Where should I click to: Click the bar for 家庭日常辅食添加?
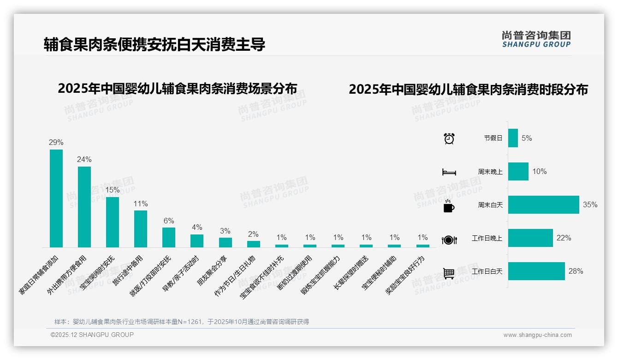[56, 198]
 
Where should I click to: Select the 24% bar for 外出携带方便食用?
[84, 207]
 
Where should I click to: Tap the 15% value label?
[113, 190]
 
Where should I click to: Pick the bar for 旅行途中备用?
[141, 229]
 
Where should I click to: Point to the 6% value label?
[169, 221]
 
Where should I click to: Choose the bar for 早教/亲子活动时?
[197, 241]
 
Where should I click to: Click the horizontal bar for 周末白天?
[543, 205]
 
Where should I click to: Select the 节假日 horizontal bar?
[513, 138]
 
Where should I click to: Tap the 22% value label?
[564, 238]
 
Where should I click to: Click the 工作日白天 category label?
[487, 271]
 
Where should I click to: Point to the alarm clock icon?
[449, 138]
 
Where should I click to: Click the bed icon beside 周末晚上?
[449, 172]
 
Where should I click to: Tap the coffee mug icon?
[449, 206]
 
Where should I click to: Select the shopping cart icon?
[449, 273]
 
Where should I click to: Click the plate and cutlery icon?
[449, 240]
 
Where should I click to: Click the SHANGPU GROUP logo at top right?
[536, 39]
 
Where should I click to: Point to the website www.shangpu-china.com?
[537, 335]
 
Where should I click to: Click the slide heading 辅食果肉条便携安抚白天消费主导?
[154, 45]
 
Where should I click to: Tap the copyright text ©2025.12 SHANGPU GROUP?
[92, 335]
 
